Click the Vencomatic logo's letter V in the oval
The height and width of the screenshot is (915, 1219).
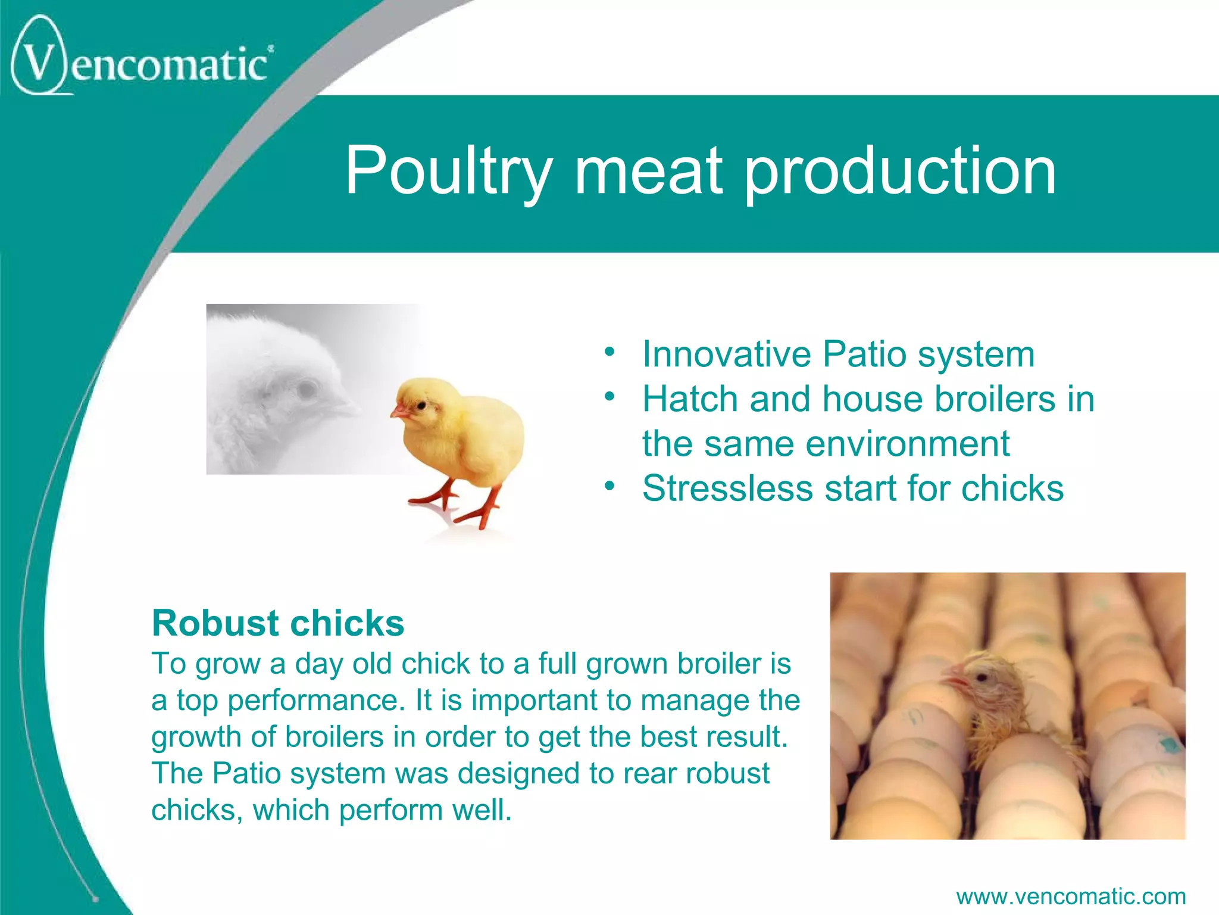(x=39, y=63)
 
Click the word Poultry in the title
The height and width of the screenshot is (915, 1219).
(x=448, y=171)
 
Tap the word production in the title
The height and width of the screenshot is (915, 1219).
(x=900, y=171)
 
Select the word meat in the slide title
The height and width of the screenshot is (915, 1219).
(x=648, y=171)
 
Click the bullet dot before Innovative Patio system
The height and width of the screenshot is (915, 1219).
(x=608, y=351)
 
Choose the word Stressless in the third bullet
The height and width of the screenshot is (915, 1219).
(x=727, y=488)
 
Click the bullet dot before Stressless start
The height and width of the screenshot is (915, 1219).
(x=608, y=486)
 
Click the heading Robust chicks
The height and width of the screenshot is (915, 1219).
(x=277, y=623)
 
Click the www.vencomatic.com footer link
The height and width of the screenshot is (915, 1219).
(x=1070, y=896)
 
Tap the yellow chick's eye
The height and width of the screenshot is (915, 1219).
(x=421, y=405)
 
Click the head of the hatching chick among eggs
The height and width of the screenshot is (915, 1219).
(x=982, y=679)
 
